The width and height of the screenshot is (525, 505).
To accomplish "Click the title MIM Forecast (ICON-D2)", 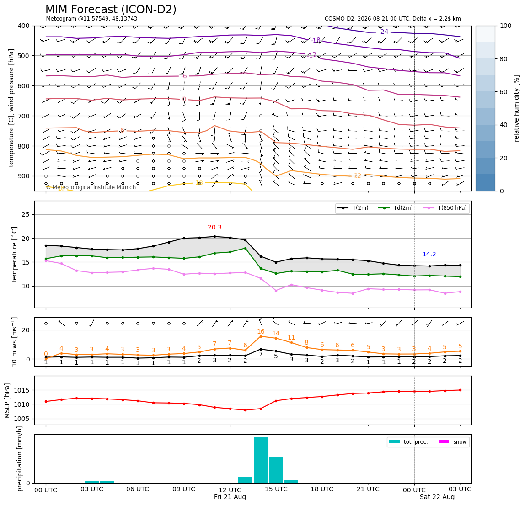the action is (x=111, y=10).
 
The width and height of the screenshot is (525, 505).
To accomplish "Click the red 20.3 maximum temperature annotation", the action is (x=214, y=227).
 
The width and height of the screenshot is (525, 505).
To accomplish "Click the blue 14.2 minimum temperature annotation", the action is (x=429, y=255).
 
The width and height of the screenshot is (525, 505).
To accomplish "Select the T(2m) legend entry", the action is (x=353, y=208).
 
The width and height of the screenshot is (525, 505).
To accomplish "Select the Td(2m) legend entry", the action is (x=396, y=208).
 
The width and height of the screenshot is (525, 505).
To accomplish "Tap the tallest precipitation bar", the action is (x=261, y=460).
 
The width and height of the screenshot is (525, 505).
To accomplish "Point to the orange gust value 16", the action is (x=261, y=331).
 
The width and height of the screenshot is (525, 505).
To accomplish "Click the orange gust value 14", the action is (x=276, y=333).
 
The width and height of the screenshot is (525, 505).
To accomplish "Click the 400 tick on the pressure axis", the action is (x=24, y=26).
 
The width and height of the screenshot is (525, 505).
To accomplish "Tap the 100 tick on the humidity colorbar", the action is (x=506, y=26).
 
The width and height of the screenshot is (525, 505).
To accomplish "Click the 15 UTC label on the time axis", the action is (x=276, y=489).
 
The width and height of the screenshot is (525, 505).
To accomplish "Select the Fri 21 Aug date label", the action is (x=230, y=497).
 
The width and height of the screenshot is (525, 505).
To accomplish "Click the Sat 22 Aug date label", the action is (x=437, y=497).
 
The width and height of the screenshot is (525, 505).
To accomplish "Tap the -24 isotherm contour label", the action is (x=383, y=32).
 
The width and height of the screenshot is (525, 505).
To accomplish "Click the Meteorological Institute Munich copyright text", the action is (x=91, y=187).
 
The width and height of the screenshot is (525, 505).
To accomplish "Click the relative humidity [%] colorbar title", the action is (x=517, y=108).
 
